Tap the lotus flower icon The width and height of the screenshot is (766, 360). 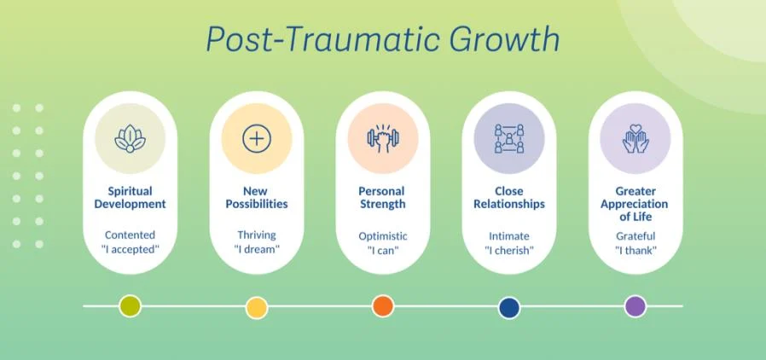(x=130, y=139)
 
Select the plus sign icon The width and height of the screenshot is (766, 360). (x=257, y=139)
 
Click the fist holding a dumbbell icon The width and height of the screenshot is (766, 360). (x=383, y=139)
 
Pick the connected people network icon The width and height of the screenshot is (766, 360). (x=509, y=139)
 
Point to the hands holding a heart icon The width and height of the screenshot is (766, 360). (x=635, y=139)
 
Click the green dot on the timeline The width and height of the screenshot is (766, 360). (x=130, y=307)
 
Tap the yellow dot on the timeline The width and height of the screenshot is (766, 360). (x=257, y=307)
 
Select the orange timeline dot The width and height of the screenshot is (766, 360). (x=383, y=306)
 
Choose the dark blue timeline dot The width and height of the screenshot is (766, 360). (x=509, y=307)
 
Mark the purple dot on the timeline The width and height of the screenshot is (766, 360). (x=635, y=306)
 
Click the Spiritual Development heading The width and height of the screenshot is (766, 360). (x=130, y=197)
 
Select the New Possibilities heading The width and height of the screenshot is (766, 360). (x=257, y=197)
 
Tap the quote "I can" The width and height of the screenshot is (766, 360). (x=383, y=251)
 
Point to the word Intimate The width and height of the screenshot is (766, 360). (x=509, y=236)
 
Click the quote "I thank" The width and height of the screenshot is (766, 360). (x=635, y=251)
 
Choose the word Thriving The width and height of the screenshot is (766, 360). (x=257, y=235)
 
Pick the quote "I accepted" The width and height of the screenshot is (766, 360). (x=130, y=250)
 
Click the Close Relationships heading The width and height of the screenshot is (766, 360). (x=509, y=197)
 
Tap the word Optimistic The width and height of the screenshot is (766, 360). (x=383, y=236)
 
